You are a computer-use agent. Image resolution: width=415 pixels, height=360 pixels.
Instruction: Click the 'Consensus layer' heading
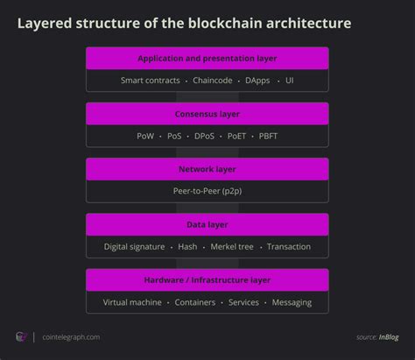[x=207, y=114]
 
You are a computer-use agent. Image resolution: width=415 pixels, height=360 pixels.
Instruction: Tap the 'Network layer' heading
[x=207, y=169]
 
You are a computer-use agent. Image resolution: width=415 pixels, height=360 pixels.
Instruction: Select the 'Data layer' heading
[x=207, y=225]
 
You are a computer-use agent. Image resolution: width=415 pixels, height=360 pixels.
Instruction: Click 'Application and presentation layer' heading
[x=207, y=59]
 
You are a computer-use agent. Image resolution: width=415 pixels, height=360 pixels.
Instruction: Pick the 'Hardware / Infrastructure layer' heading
[x=207, y=280]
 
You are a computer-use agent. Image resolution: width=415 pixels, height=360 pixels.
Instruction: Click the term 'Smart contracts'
[x=151, y=81]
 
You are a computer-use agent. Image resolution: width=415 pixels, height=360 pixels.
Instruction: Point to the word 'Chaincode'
[x=213, y=81]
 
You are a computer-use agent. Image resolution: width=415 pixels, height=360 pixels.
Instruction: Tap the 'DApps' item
[x=257, y=81]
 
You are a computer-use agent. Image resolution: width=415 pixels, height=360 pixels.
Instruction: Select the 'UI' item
[x=290, y=81]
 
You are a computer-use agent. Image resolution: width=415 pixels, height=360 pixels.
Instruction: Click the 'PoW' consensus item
[x=145, y=136]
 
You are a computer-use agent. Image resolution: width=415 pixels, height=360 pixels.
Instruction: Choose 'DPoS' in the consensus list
[x=204, y=136]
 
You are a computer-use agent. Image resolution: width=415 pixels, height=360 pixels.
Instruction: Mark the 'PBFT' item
[x=268, y=136]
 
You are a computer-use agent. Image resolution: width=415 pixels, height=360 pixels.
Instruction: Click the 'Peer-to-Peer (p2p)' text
[x=207, y=191]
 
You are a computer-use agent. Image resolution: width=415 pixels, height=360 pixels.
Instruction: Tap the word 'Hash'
[x=187, y=247]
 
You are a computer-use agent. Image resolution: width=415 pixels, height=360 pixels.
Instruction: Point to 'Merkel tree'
[x=232, y=247]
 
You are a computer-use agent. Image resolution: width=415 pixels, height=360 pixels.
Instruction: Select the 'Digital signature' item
[x=134, y=247]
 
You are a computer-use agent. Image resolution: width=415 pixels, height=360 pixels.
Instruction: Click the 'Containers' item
[x=195, y=302]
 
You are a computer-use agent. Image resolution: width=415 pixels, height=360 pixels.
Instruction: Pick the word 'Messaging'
[x=292, y=302]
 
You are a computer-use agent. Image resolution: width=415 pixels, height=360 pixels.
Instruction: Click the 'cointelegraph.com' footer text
[x=71, y=337]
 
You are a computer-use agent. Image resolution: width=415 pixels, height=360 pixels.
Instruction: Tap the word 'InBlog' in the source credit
[x=389, y=337]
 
